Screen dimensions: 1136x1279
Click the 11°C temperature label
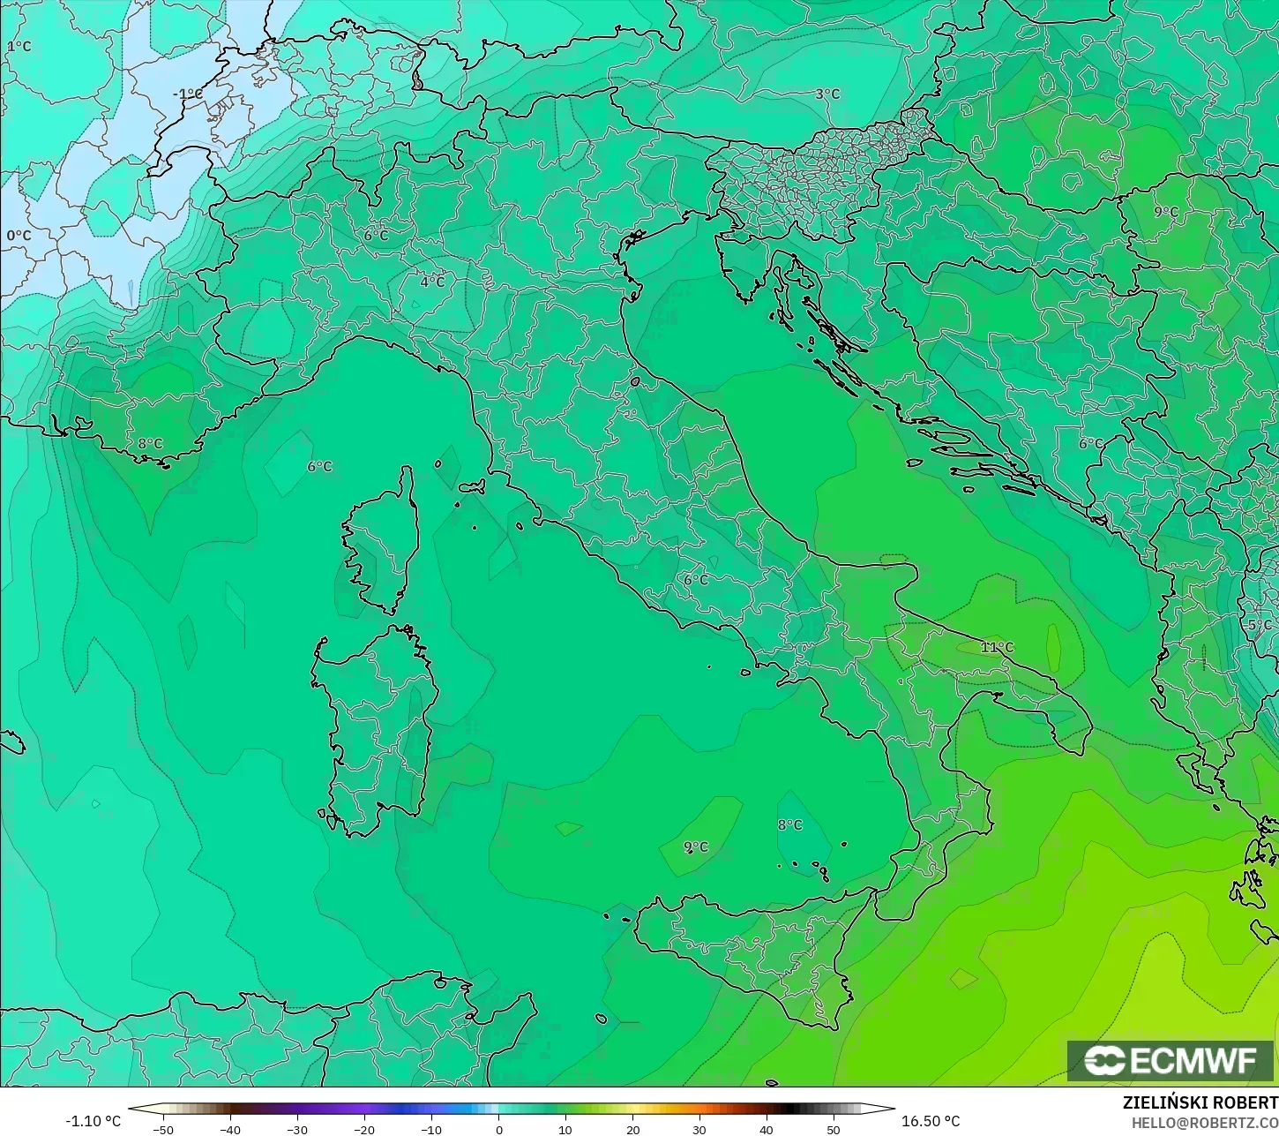[997, 647]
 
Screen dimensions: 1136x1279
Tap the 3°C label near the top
[826, 94]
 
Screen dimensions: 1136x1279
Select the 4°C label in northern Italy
[432, 282]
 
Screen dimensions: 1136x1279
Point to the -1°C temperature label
[187, 94]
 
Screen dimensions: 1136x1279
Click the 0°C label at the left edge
[19, 236]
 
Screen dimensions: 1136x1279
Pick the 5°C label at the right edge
[1260, 625]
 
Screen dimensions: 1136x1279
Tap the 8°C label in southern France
[150, 443]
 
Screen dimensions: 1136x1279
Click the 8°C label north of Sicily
[789, 824]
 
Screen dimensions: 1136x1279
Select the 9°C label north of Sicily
[695, 846]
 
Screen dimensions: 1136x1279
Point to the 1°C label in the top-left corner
[19, 46]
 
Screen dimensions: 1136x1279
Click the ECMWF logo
[1171, 1060]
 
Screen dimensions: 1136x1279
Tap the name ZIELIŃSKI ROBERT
[1200, 1102]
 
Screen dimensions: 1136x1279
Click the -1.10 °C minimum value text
[93, 1121]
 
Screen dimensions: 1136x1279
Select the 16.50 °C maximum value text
[931, 1121]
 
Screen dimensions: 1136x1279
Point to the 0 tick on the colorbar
[498, 1129]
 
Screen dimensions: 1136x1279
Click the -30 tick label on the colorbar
[297, 1129]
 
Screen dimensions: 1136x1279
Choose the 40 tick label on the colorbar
[766, 1129]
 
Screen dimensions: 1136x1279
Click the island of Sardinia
[375, 724]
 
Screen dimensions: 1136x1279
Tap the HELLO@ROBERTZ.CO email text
[1205, 1122]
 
